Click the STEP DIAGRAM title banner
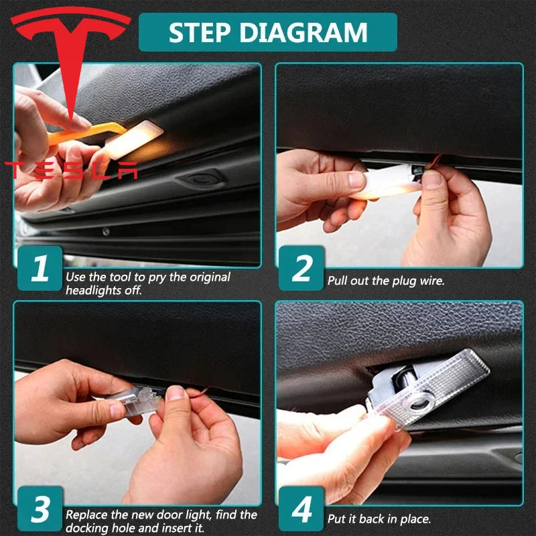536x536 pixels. [267, 32]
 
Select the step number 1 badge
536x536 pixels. [40, 268]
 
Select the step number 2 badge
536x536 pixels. [301, 268]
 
